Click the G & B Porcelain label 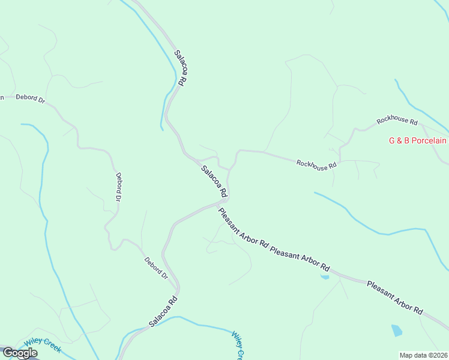coord(418,141)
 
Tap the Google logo coord(20,353)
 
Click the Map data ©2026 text coord(423,355)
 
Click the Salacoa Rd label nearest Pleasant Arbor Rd coord(214,182)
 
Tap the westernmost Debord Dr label coord(30,98)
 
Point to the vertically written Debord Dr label coord(119,187)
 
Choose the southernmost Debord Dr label coord(156,268)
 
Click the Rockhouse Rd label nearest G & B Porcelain coord(397,121)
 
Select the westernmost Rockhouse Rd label coord(316,164)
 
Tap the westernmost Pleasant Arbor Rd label coord(243,227)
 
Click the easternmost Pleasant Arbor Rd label coord(395,298)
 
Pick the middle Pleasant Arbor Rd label coord(300,257)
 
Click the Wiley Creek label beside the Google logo coord(43,345)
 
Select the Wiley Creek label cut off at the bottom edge coord(238,346)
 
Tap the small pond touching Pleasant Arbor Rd coord(325,277)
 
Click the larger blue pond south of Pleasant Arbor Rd coord(397,330)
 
